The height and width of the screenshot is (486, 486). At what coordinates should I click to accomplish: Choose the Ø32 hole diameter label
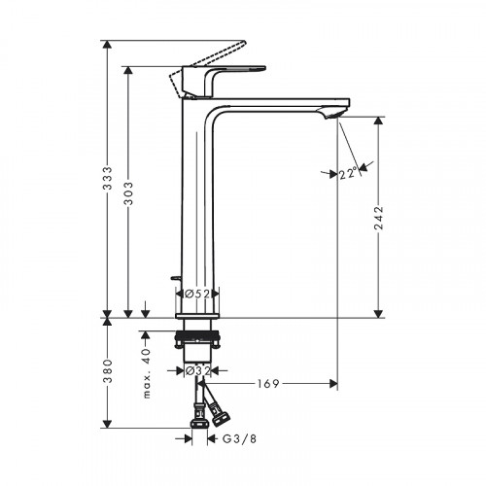tap(199, 369)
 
